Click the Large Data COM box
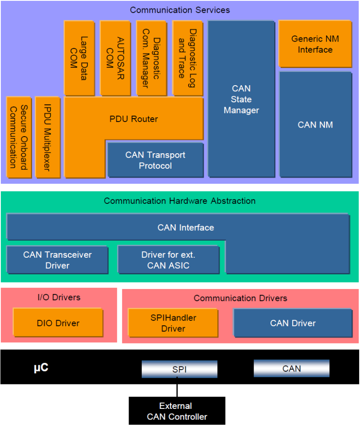pos(79,58)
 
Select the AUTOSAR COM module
pos(115,58)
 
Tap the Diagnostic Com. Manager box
pos(151,58)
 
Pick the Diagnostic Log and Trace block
pos(188,58)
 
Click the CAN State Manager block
pos(241,99)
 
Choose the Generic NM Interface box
pos(315,44)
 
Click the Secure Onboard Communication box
pos(19,137)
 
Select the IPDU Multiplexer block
pos(48,137)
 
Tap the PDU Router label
pos(134,119)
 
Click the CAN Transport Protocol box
pos(156,160)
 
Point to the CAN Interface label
pos(186,228)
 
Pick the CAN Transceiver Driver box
pos(57,260)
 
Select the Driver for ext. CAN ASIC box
pos(168,260)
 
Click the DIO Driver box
pos(58,323)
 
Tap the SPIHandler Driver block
pos(173,323)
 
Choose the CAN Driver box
pos(293,323)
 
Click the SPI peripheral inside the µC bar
pos(180,369)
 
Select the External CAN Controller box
pos(177,411)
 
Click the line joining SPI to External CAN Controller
pos(177,387)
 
